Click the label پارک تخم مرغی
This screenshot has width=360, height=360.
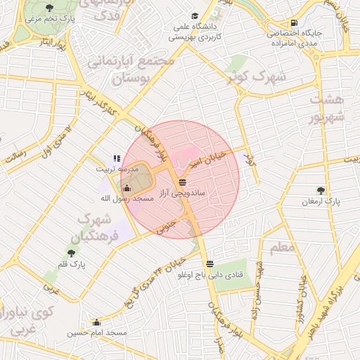(x=49, y=19)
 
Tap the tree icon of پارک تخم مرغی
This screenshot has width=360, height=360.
(x=49, y=8)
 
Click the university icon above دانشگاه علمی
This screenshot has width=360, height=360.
(x=195, y=15)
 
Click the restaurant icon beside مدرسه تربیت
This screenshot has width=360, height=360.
(x=117, y=158)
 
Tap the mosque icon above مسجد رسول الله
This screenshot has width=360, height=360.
(x=127, y=188)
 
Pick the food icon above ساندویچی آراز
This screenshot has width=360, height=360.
(x=182, y=181)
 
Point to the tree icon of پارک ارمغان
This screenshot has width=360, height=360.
(x=321, y=190)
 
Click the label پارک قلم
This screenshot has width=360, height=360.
(x=71, y=264)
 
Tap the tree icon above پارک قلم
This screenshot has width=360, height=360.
(x=71, y=252)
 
